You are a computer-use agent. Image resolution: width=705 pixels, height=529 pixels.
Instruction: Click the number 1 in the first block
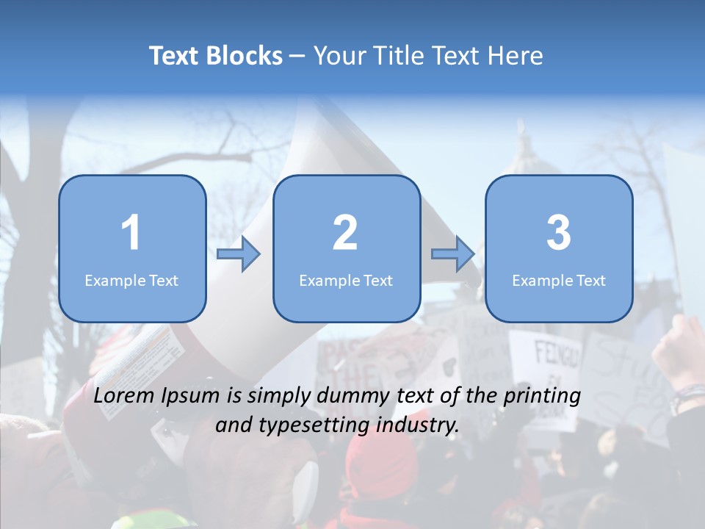pyautogui.click(x=131, y=233)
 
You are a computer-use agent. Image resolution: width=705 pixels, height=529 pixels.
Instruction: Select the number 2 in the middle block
pyautogui.click(x=345, y=233)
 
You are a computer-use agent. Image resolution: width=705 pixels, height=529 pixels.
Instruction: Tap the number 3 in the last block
pyautogui.click(x=558, y=233)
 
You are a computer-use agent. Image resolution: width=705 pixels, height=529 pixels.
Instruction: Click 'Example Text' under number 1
pyautogui.click(x=131, y=280)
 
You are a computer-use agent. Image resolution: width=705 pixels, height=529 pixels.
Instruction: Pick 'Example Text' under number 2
pyautogui.click(x=346, y=280)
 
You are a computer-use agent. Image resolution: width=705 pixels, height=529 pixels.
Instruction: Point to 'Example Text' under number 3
pyautogui.click(x=559, y=280)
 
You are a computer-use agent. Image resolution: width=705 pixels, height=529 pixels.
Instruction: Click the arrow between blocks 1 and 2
pyautogui.click(x=239, y=254)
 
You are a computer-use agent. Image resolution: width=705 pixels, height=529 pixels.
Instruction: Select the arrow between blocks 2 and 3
pyautogui.click(x=452, y=254)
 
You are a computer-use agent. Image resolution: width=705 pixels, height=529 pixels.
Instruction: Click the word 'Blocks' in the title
pyautogui.click(x=245, y=56)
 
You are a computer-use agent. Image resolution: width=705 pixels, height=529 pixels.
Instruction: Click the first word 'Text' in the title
pyautogui.click(x=175, y=56)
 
